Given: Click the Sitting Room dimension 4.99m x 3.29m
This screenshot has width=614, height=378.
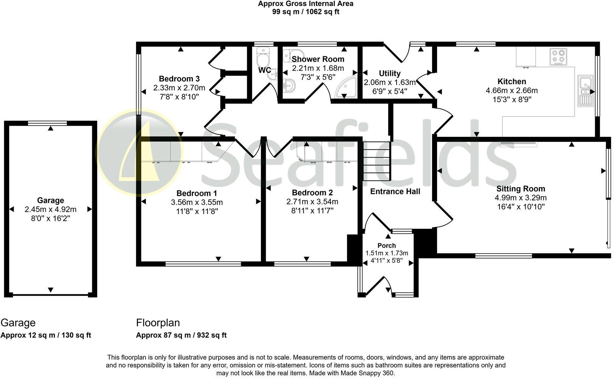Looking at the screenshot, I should (521, 198).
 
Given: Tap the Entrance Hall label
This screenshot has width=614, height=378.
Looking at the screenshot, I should (395, 192).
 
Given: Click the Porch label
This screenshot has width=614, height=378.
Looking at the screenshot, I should (386, 246).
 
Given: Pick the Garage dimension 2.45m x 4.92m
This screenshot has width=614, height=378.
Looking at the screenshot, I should (50, 209).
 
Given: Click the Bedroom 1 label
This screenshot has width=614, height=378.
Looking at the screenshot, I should (197, 193).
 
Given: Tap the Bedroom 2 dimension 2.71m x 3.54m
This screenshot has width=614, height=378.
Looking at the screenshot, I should (312, 202).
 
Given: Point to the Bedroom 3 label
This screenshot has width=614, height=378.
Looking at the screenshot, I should (179, 79).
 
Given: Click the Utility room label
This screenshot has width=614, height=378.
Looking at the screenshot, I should (389, 73).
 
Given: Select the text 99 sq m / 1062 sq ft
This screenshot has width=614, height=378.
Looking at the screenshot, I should (305, 12).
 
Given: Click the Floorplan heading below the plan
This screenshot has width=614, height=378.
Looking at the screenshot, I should (158, 323).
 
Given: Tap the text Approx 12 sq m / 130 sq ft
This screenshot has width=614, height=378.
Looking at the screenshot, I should (46, 335).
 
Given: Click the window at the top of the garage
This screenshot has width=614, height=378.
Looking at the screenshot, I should (48, 123).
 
